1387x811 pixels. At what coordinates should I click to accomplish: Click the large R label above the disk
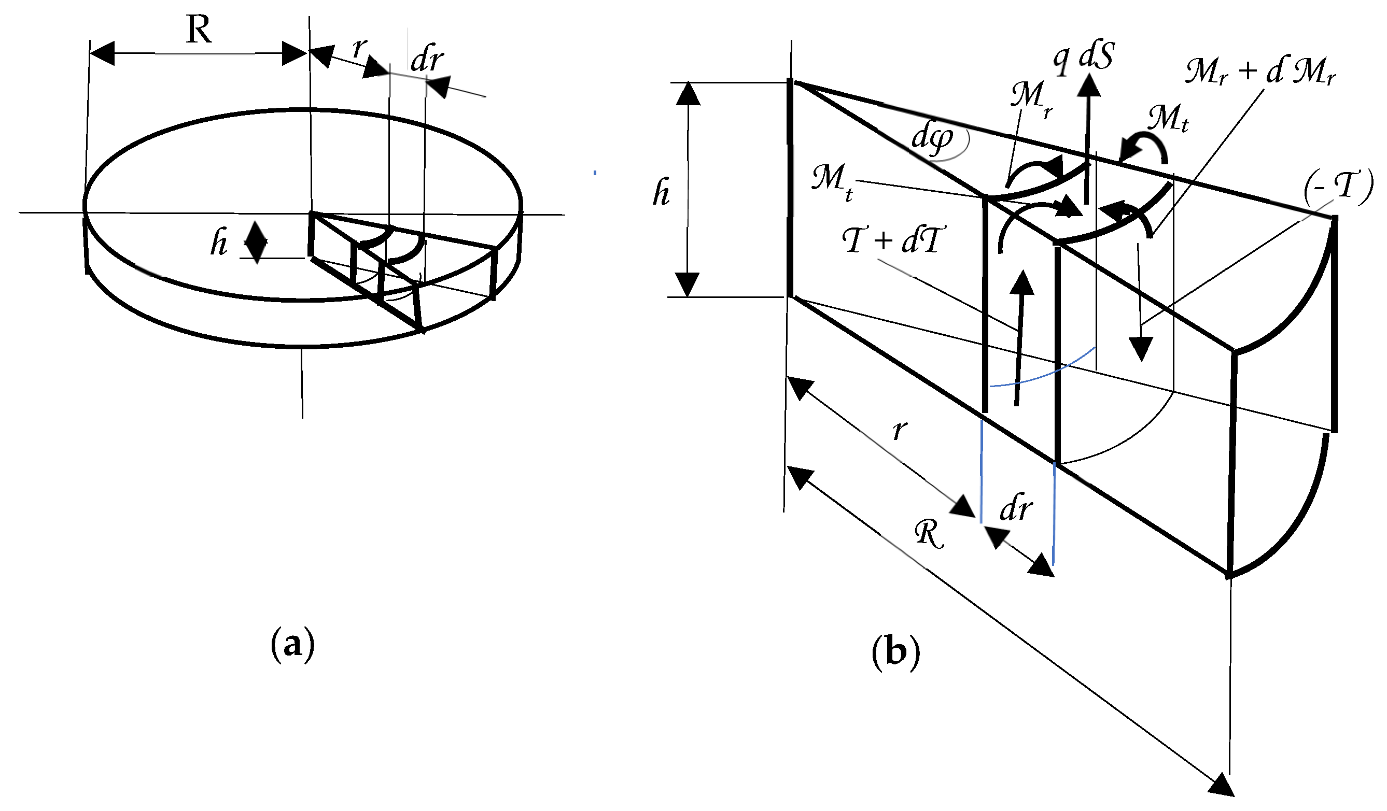pyautogui.click(x=199, y=30)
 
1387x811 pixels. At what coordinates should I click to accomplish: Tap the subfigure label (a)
pyautogui.click(x=292, y=644)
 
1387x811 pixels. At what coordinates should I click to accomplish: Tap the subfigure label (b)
pyautogui.click(x=895, y=652)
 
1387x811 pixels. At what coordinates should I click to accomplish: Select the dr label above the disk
pyautogui.click(x=427, y=59)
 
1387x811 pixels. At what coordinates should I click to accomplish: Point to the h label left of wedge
pyautogui.click(x=661, y=194)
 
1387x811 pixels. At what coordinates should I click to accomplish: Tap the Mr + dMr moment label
pyautogui.click(x=1260, y=72)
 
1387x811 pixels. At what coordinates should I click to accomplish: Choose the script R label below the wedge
pyautogui.click(x=929, y=534)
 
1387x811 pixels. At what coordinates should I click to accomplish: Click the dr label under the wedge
pyautogui.click(x=1015, y=508)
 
